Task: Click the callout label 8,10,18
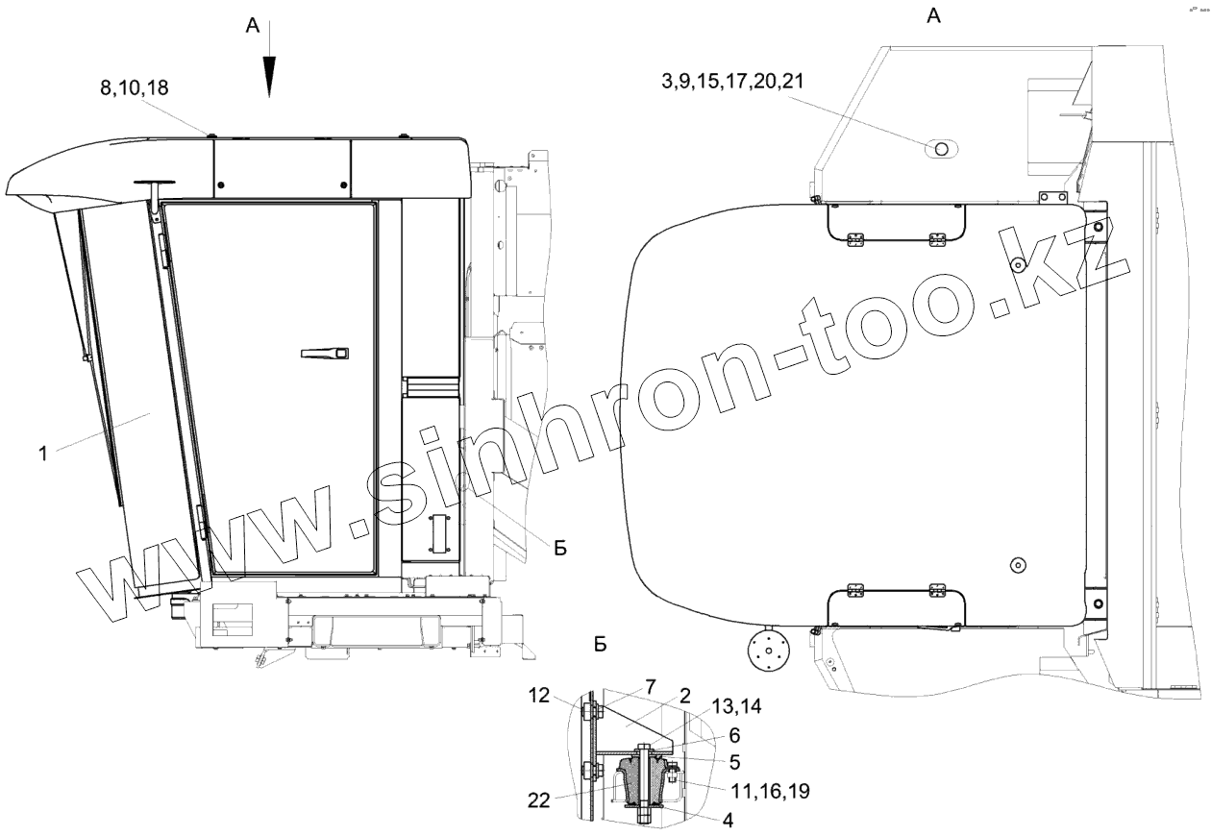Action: click(135, 87)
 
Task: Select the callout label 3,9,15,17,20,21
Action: click(732, 81)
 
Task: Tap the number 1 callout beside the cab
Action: click(44, 453)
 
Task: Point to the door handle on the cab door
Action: click(325, 354)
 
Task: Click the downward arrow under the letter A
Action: click(269, 59)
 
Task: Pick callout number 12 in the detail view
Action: click(538, 696)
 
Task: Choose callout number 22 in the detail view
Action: click(538, 799)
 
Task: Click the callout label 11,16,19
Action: click(770, 791)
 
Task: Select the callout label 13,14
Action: click(736, 705)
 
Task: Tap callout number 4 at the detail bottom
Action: click(728, 821)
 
